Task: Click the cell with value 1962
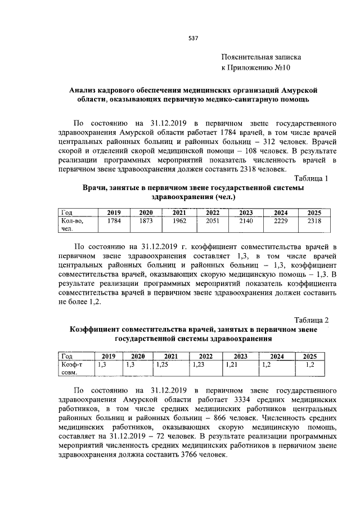(x=179, y=221)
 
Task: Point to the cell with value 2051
(x=213, y=221)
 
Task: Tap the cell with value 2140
(x=246, y=221)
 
